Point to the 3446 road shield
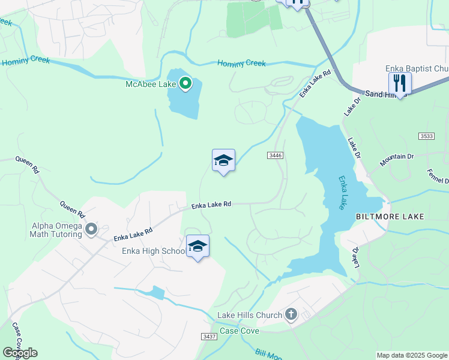(x=275, y=155)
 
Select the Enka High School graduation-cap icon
(x=197, y=245)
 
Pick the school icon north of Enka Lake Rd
(x=223, y=160)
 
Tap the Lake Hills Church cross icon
(x=291, y=314)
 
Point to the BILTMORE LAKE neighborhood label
(x=390, y=216)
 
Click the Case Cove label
(x=240, y=331)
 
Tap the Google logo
(x=20, y=353)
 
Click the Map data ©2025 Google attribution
(x=412, y=355)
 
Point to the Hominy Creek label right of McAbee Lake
(x=241, y=63)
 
